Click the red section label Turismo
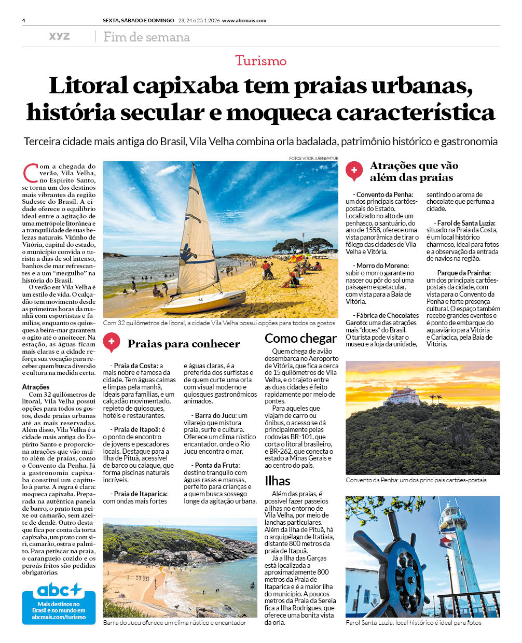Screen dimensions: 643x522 click(x=260, y=61)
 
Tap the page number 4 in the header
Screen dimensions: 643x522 click(x=24, y=21)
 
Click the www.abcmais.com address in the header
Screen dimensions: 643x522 click(x=244, y=21)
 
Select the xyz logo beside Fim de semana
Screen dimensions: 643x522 click(x=59, y=36)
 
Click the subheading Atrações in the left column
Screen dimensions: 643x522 click(x=36, y=387)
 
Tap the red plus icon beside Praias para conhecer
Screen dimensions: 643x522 click(x=111, y=342)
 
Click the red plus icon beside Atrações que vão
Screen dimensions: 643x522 click(x=354, y=170)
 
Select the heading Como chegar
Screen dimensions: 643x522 click(x=300, y=339)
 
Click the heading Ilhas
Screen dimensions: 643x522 click(x=277, y=481)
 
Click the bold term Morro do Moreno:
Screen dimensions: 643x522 click(x=382, y=265)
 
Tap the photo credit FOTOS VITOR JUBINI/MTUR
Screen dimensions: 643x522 click(x=313, y=158)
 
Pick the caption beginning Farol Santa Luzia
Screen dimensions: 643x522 click(x=413, y=622)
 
